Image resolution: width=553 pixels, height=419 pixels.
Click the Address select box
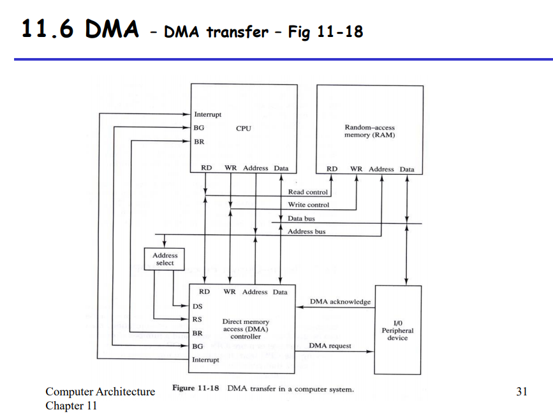[x=165, y=259]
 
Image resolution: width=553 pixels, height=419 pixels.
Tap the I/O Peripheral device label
[x=397, y=330]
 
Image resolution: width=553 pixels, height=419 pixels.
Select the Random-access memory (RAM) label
[x=369, y=131]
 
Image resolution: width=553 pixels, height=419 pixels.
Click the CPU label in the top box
[x=243, y=128]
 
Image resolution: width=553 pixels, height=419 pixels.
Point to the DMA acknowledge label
[x=340, y=302]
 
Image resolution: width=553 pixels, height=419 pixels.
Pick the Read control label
[x=307, y=192]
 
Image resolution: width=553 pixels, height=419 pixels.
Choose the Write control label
[x=308, y=205]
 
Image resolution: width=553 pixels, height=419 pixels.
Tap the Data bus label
[x=301, y=219]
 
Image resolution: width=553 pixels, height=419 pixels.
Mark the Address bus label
[x=306, y=232]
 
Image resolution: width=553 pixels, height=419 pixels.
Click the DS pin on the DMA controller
[x=198, y=307]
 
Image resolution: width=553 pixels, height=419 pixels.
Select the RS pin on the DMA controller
[x=197, y=320]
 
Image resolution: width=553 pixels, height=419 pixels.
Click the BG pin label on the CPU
[x=199, y=128]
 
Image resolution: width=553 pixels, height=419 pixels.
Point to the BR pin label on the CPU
[x=199, y=142]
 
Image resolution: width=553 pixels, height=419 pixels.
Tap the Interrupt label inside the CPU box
[x=207, y=115]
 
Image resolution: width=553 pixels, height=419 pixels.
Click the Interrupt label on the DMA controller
[x=205, y=360]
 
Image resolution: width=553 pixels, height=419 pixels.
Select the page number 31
[x=521, y=392]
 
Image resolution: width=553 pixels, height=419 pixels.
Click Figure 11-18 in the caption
[x=195, y=388]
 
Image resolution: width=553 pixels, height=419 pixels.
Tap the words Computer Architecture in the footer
[x=100, y=392]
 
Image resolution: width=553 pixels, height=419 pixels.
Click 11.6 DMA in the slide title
[x=80, y=29]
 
